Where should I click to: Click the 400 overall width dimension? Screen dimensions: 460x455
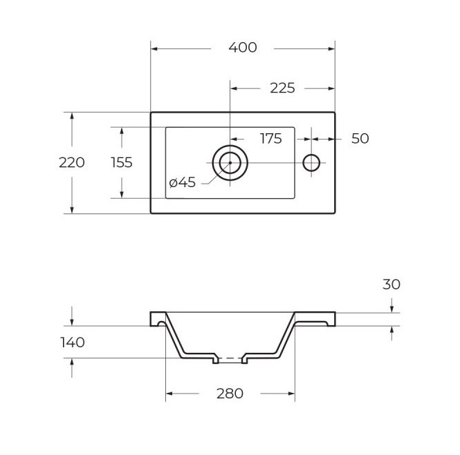pyautogui.click(x=243, y=48)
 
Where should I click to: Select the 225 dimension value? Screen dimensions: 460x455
pyautogui.click(x=282, y=88)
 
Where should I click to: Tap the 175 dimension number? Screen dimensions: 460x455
pyautogui.click(x=270, y=139)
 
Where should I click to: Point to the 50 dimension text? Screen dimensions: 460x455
pyautogui.click(x=360, y=139)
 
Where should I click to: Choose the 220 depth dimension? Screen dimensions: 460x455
pyautogui.click(x=71, y=162)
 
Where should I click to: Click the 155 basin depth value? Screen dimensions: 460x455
pyautogui.click(x=122, y=162)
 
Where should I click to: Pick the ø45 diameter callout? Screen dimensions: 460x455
pyautogui.click(x=182, y=182)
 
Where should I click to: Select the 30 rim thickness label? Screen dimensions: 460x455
pyautogui.click(x=392, y=284)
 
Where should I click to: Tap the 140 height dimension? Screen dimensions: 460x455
pyautogui.click(x=73, y=342)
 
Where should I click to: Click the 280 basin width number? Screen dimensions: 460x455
pyautogui.click(x=230, y=394)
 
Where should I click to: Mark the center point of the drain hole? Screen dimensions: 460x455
pyautogui.click(x=230, y=163)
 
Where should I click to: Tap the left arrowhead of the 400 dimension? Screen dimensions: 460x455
pyautogui.click(x=154, y=48)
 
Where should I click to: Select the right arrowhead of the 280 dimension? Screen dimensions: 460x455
pyautogui.click(x=292, y=394)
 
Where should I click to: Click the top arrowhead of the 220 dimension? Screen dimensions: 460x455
pyautogui.click(x=72, y=116)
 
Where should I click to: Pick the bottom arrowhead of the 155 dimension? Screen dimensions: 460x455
pyautogui.click(x=122, y=195)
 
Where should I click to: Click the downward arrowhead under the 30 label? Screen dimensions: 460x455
pyautogui.click(x=392, y=309)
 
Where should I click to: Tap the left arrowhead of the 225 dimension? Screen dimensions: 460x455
pyautogui.click(x=234, y=88)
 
